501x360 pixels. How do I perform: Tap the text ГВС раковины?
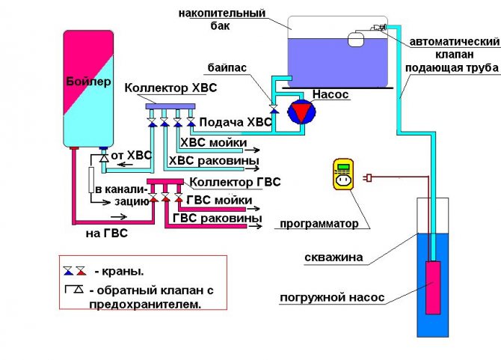(218, 218)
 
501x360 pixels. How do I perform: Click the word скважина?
(334, 257)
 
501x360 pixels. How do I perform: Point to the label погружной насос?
(332, 298)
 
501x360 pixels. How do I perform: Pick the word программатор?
(319, 223)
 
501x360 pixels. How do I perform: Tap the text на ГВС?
(105, 234)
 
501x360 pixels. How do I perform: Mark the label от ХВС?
(131, 156)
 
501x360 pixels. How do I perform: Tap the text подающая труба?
(452, 68)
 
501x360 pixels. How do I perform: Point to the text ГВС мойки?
(222, 200)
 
